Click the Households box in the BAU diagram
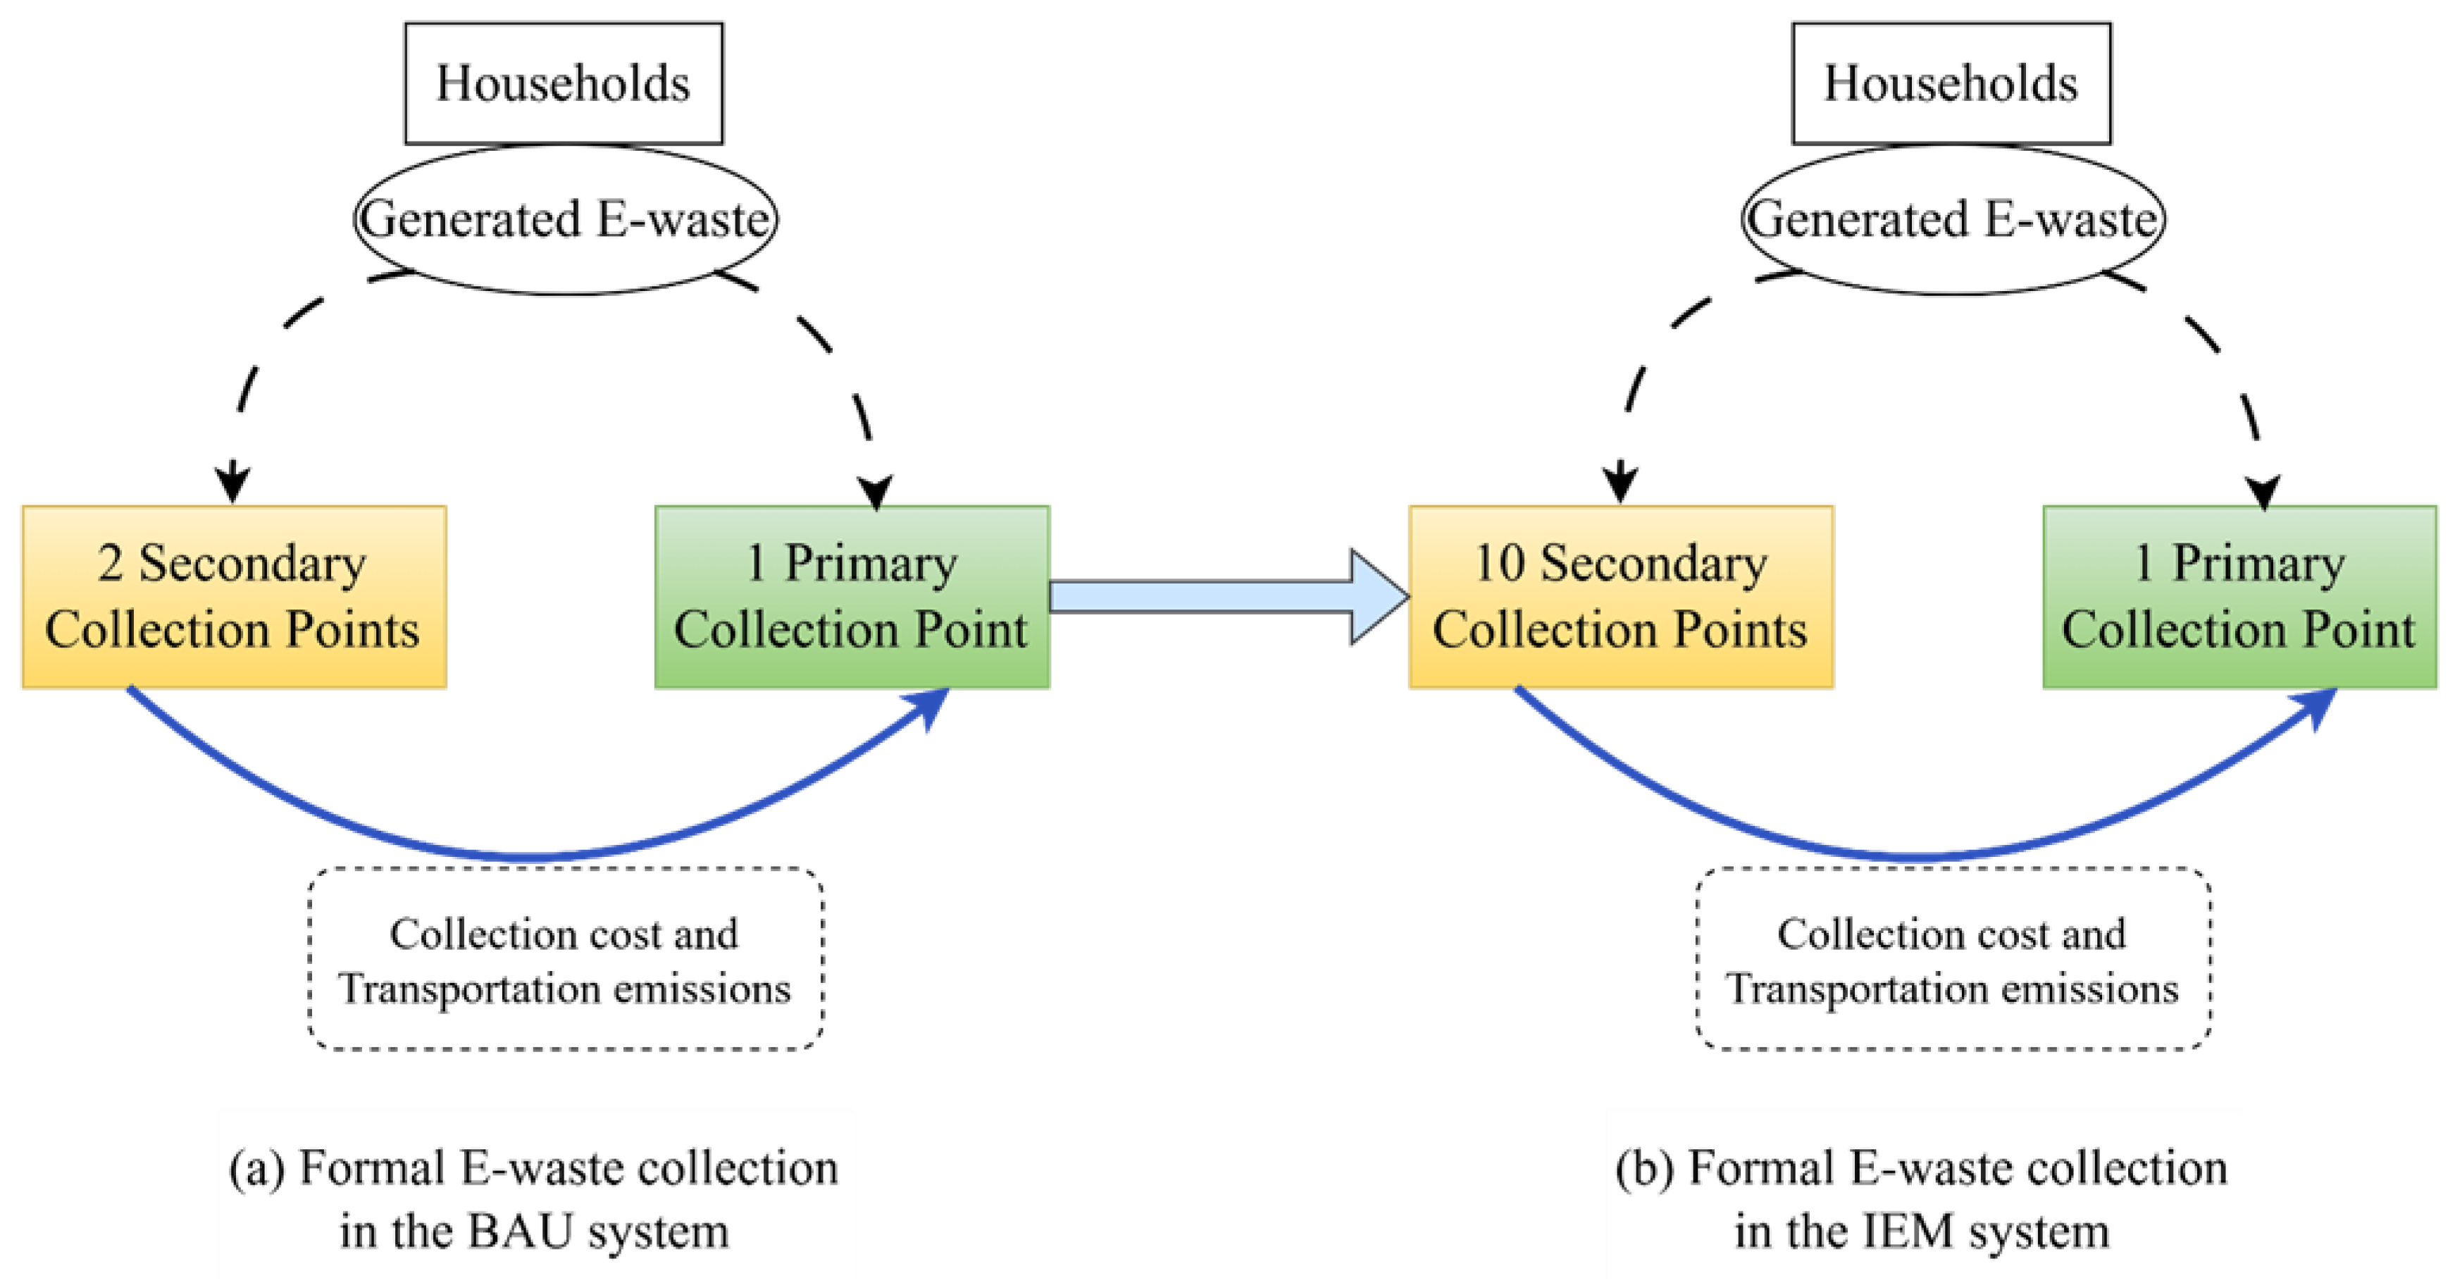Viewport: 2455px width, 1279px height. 564,83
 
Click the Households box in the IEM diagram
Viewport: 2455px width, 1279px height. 1950,83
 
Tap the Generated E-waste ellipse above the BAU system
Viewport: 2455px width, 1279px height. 564,219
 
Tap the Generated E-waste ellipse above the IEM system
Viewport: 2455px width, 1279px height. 1952,219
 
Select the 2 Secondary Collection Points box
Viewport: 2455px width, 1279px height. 233,597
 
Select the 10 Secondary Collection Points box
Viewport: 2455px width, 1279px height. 1620,597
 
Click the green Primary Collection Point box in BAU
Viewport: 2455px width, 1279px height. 851,597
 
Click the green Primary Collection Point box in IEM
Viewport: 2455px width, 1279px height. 2239,597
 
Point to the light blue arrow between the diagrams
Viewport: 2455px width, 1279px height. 1229,597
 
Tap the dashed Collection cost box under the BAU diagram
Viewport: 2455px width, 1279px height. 564,959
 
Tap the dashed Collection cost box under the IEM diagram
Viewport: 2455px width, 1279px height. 1952,959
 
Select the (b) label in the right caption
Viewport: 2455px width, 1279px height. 1645,1168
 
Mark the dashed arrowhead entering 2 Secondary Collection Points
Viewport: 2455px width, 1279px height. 232,481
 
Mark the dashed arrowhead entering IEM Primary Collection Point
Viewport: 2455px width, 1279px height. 2263,491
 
